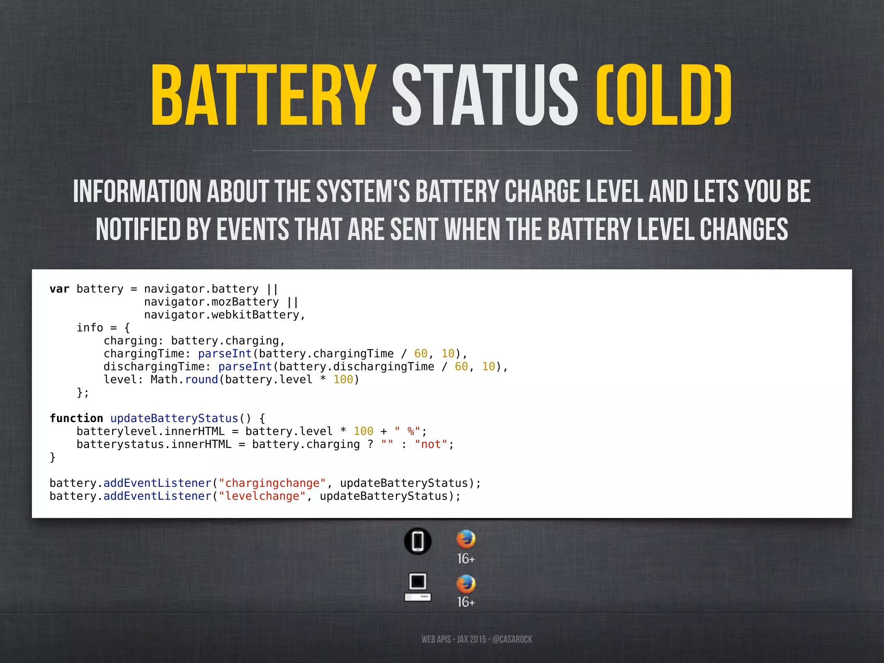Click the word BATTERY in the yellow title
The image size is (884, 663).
click(x=263, y=96)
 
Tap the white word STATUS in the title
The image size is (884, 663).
click(x=484, y=96)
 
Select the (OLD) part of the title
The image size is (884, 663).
click(x=663, y=96)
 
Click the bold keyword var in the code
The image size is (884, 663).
click(x=59, y=289)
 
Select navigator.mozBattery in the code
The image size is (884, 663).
click(x=212, y=302)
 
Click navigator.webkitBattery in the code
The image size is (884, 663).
click(x=222, y=315)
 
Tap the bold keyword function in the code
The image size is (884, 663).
click(x=76, y=418)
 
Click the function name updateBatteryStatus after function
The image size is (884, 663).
click(x=174, y=418)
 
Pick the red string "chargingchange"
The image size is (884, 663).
click(x=272, y=483)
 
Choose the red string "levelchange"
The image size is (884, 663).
click(x=262, y=496)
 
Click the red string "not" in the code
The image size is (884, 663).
click(x=431, y=444)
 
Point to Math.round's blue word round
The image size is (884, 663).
click(x=202, y=379)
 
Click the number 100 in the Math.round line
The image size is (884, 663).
click(x=343, y=379)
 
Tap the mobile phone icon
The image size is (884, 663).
click(x=417, y=541)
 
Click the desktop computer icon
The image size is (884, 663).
click(x=417, y=587)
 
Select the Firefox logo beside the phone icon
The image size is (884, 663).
click(x=466, y=539)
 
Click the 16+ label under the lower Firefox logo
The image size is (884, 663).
click(x=466, y=602)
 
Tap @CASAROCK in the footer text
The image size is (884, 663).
click(x=512, y=639)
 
